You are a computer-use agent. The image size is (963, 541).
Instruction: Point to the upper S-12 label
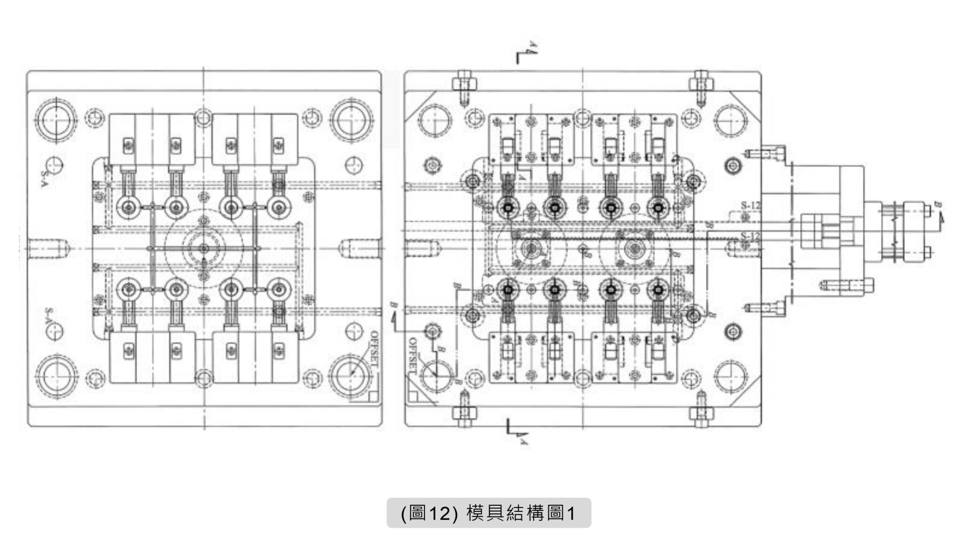(750, 205)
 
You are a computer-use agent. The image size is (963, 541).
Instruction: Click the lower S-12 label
(750, 236)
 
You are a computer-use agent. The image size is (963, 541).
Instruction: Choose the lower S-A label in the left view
(48, 316)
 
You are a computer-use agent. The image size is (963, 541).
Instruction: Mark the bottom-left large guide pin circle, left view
(56, 375)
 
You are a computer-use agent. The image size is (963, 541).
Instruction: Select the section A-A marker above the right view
(524, 54)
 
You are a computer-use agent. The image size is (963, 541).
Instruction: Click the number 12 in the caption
(440, 513)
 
